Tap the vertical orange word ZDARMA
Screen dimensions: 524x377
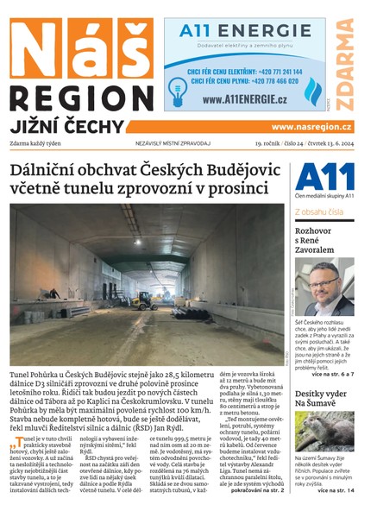[346, 64]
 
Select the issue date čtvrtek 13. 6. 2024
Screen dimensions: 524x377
[326, 142]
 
